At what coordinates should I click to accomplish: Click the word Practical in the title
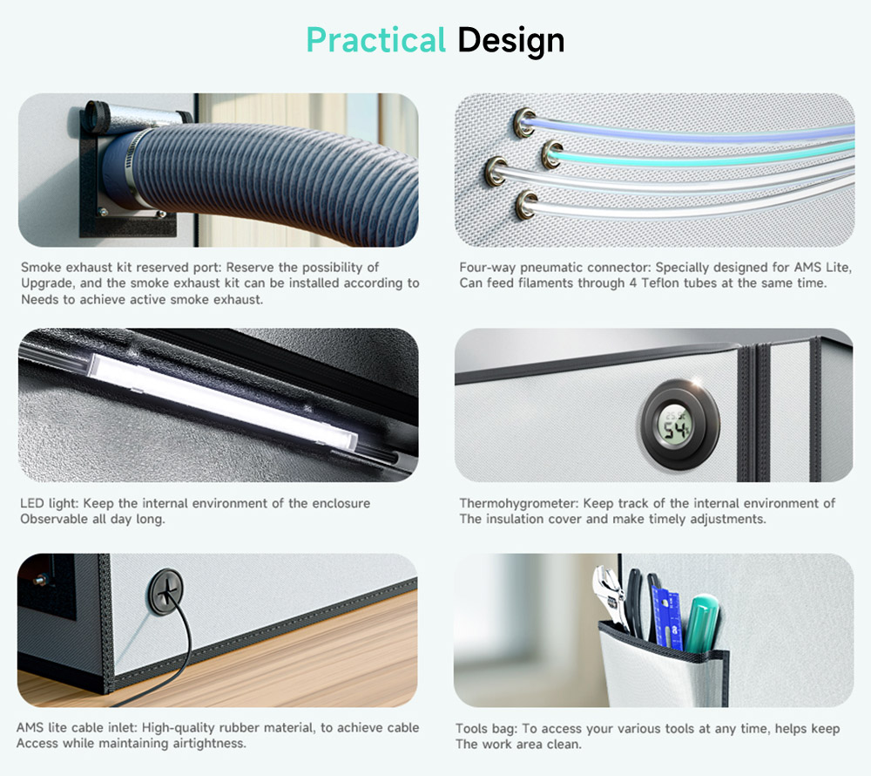click(376, 40)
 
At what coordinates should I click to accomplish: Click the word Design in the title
click(511, 41)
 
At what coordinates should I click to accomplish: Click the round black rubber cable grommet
click(165, 591)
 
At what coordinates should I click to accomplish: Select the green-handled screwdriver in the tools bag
click(702, 623)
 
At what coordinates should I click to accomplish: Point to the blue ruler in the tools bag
click(668, 617)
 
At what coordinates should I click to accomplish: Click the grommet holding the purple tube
click(523, 122)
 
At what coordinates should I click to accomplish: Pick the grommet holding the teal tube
click(552, 154)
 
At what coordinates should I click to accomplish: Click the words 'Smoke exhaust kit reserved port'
click(121, 268)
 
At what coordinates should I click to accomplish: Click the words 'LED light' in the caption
click(50, 504)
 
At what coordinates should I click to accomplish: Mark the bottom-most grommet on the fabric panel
click(526, 205)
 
